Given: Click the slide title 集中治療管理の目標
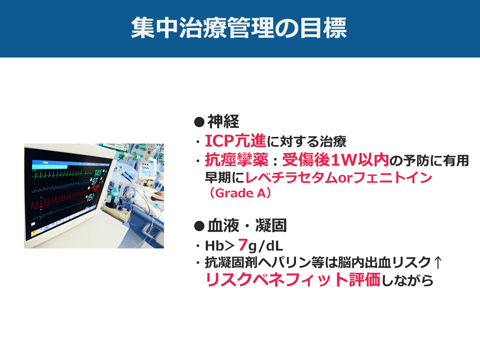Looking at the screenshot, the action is point(239,28).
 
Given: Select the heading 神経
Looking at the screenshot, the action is point(223,121).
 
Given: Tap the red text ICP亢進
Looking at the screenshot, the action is point(235,141).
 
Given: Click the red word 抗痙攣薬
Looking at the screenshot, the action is point(236,160).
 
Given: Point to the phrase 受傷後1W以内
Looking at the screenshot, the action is point(336,160).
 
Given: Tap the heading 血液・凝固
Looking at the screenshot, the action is point(247,226).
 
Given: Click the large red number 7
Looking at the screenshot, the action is point(243,244).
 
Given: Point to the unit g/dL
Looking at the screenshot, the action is point(266,246).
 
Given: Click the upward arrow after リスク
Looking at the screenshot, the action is point(438,262).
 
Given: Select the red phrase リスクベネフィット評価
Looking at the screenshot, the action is point(293,280).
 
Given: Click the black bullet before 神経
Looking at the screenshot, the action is point(199,122).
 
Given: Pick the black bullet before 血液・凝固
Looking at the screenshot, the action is point(199,226).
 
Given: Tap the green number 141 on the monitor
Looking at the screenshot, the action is point(98,173).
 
